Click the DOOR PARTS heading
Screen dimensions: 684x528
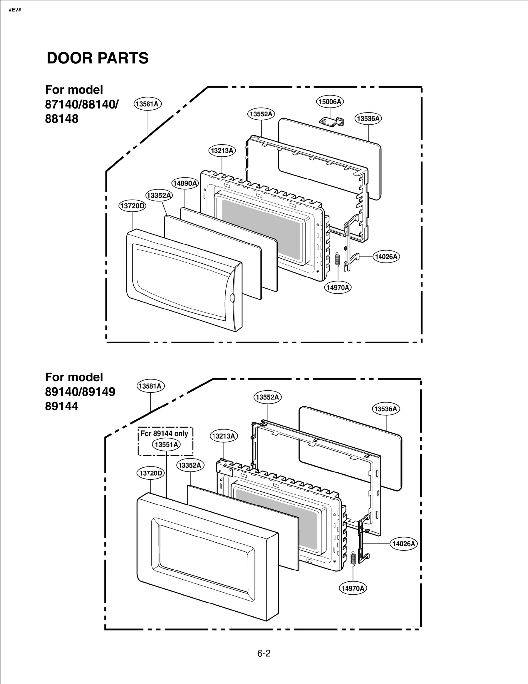(x=97, y=58)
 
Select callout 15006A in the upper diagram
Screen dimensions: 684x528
(x=330, y=102)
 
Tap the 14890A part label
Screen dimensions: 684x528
(x=185, y=183)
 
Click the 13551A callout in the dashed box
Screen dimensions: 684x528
(x=166, y=444)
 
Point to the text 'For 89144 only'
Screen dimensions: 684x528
(x=164, y=433)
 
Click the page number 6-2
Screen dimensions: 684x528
(x=264, y=653)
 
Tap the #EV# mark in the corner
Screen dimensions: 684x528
(x=15, y=10)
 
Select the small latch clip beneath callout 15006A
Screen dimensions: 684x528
(x=332, y=121)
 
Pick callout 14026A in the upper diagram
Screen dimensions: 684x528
(x=386, y=257)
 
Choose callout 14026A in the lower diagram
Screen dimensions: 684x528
(x=404, y=544)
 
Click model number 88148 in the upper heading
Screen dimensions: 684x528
(x=62, y=119)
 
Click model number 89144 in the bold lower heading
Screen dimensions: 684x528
(x=62, y=406)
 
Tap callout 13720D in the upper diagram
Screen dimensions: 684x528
(x=132, y=206)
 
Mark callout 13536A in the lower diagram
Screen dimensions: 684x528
(x=386, y=409)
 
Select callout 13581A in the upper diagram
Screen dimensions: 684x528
(x=148, y=104)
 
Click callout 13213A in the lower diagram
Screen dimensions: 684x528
(x=224, y=436)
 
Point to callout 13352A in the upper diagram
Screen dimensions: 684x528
(x=159, y=195)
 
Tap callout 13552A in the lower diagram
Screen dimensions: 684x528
(x=267, y=397)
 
